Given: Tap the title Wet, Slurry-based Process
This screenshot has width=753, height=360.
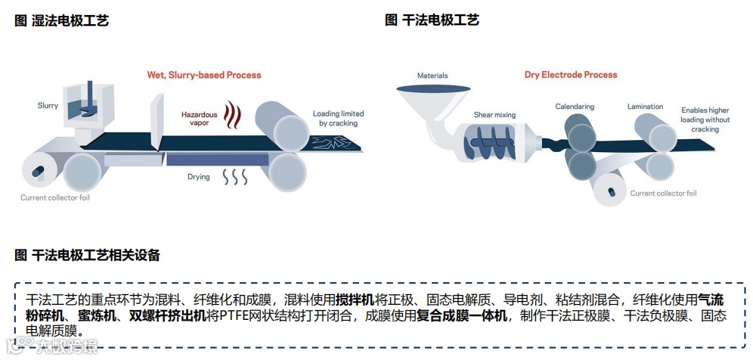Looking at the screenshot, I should pos(204,75).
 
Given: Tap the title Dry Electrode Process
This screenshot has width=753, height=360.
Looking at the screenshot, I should pos(571,75).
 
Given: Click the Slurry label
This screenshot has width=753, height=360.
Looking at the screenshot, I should pos(48,106).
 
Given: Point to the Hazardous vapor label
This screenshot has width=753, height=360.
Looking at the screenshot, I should pos(199,118).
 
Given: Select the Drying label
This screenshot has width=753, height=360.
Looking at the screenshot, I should pos(199,177).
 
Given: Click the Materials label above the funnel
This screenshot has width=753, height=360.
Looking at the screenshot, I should pos(432,76).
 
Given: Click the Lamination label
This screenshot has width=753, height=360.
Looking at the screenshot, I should pos(645,107).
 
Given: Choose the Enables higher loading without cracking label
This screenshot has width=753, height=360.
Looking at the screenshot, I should pos(705,119).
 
